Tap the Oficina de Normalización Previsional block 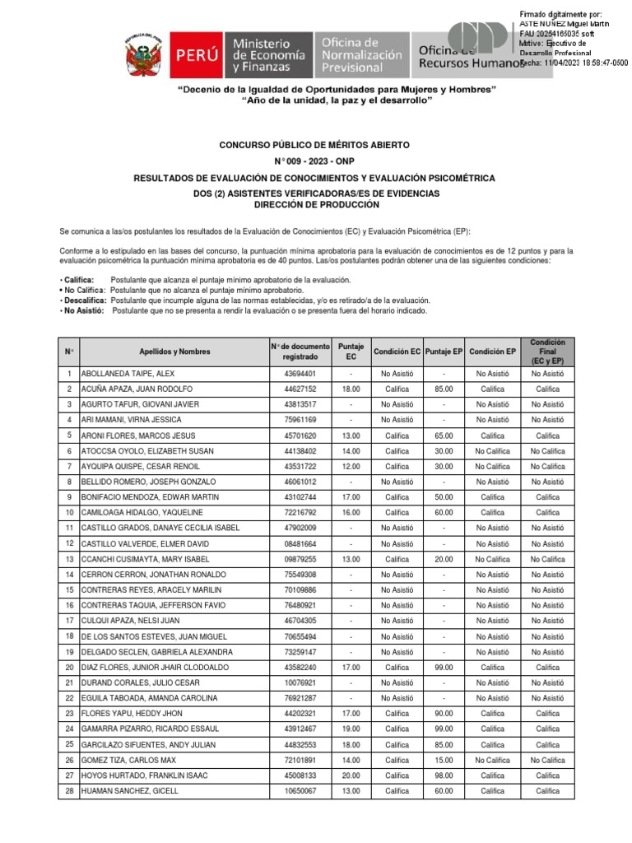[361, 56]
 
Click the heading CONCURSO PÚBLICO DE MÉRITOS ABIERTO [314, 145]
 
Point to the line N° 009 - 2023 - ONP [314, 162]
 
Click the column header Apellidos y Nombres [174, 352]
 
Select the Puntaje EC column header [351, 352]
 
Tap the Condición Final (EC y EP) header [547, 352]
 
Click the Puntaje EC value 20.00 [351, 775]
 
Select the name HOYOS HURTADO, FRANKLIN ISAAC [144, 775]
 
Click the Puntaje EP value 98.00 [444, 775]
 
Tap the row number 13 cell [69, 559]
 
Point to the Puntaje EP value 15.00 [444, 760]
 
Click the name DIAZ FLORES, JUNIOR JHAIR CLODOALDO [155, 668]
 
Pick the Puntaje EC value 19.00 [351, 729]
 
